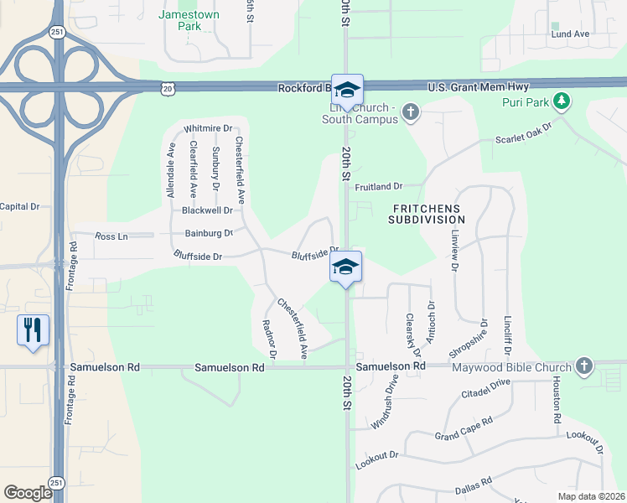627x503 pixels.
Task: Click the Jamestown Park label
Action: [x=189, y=20]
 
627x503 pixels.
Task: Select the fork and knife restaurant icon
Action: [x=33, y=329]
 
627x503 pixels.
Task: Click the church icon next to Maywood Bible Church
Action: [x=584, y=366]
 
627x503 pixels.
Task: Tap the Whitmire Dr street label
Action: [x=207, y=127]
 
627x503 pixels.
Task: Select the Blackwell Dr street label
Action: [x=207, y=210]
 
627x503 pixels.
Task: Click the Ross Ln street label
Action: [x=111, y=237]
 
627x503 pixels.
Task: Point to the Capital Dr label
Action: [x=19, y=206]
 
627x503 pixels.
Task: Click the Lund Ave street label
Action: [x=570, y=34]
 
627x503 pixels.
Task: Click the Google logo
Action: [x=28, y=493]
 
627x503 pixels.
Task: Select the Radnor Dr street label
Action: [x=269, y=339]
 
